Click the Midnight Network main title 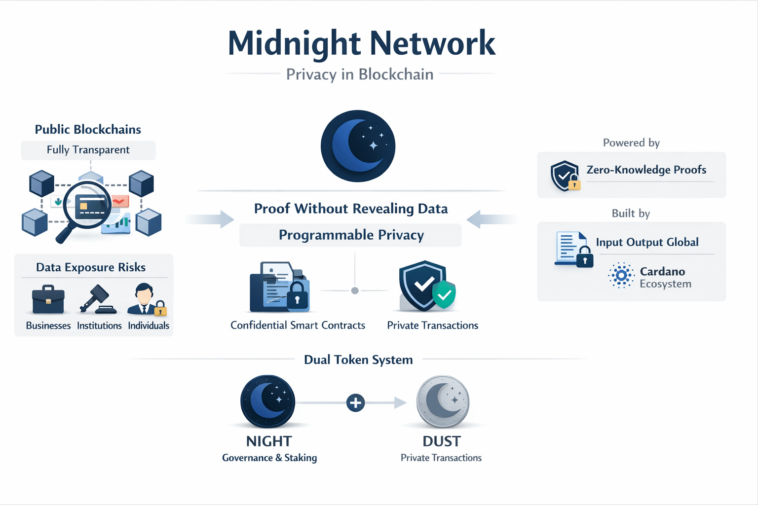tap(361, 43)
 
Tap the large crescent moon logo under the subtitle tap(358, 146)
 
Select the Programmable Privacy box tap(350, 235)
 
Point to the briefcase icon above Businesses tap(48, 300)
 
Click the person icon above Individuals tap(145, 299)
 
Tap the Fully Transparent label tap(88, 150)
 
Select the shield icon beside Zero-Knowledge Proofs tap(565, 176)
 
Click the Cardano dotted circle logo tap(621, 275)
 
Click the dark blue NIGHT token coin tap(267, 401)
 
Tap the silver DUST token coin tap(443, 401)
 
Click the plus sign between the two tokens tap(355, 403)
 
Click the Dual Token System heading tap(358, 360)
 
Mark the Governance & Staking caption tap(269, 458)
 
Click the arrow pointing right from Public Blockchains tap(210, 219)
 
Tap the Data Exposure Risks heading tap(91, 267)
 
